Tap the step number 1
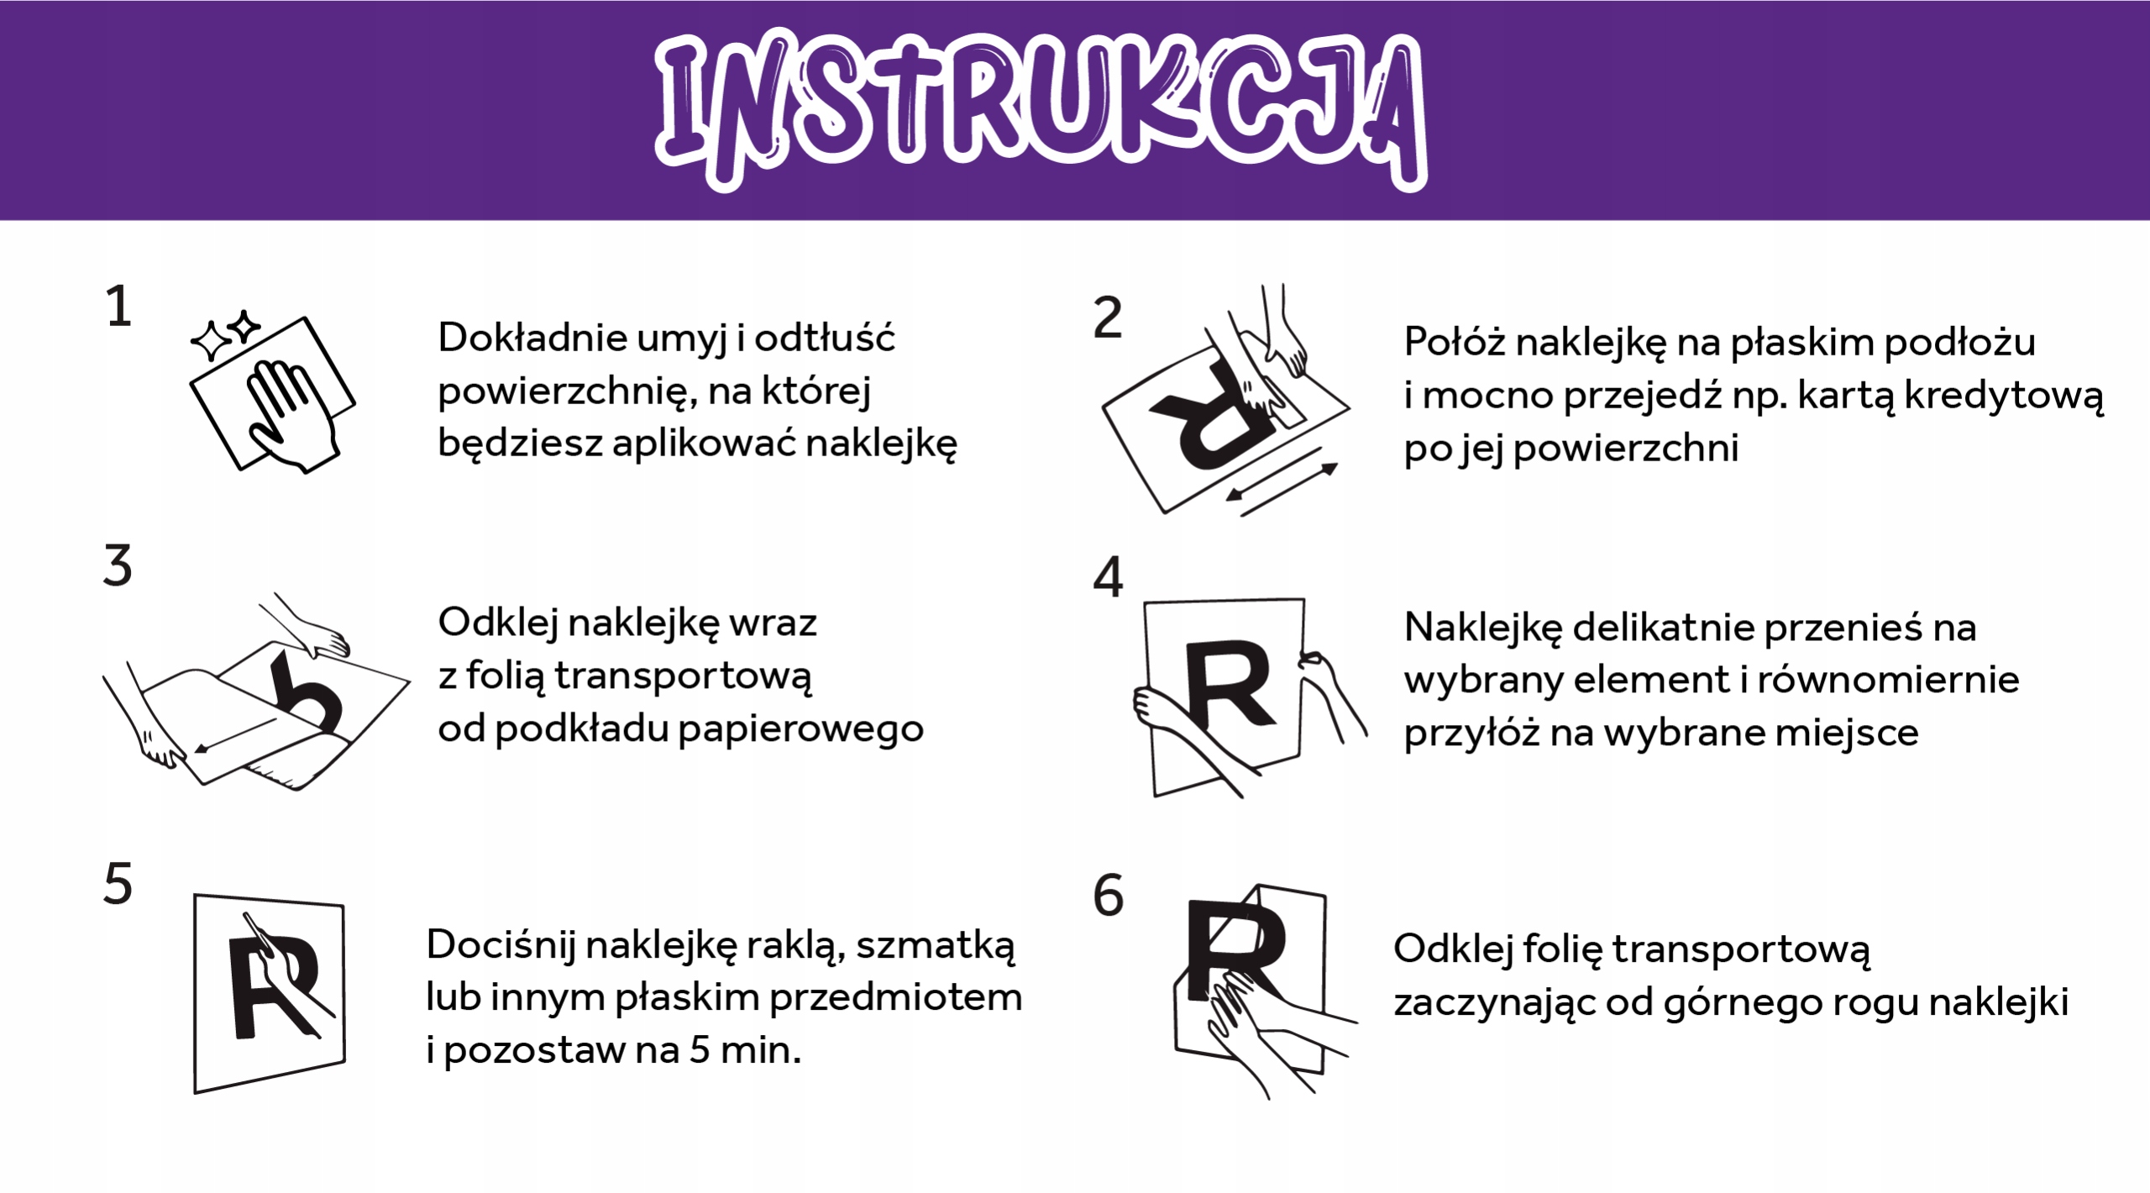coord(118,307)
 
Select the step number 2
coord(1108,318)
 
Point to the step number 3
coord(118,566)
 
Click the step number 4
coord(1108,578)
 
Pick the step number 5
coord(118,885)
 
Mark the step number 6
coord(1108,896)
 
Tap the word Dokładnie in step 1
coord(532,339)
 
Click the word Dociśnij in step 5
coord(501,946)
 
